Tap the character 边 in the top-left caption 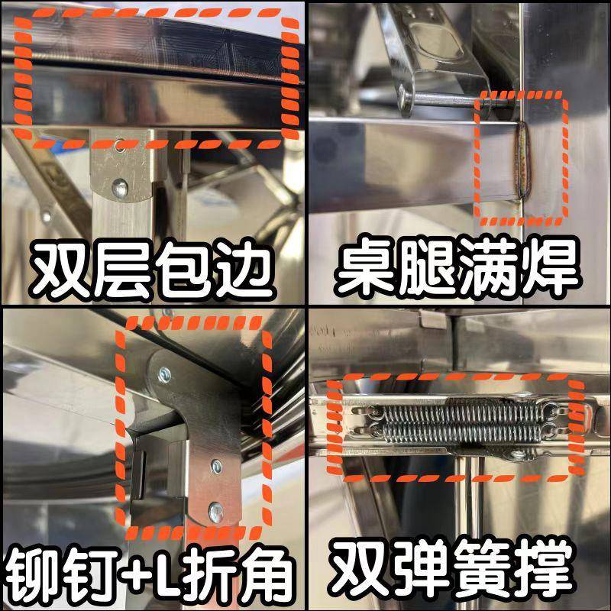click(x=243, y=270)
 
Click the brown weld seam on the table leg click(x=522, y=161)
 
